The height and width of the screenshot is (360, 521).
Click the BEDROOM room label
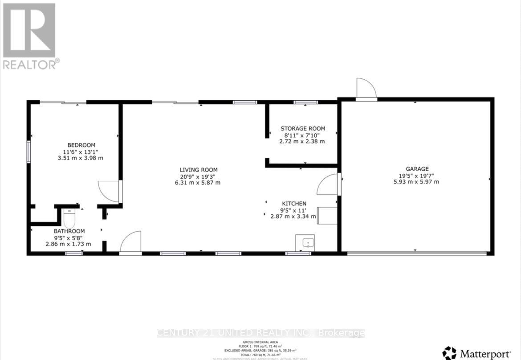(x=81, y=145)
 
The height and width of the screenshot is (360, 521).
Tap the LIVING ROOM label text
(x=199, y=170)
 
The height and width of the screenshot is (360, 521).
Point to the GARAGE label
(x=417, y=169)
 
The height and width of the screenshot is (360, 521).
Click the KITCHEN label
(x=293, y=204)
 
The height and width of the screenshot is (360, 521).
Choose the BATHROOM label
(x=69, y=231)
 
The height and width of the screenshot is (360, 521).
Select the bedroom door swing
(x=109, y=191)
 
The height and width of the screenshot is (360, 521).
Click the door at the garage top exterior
(x=366, y=89)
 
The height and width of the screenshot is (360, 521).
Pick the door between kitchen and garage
(x=328, y=185)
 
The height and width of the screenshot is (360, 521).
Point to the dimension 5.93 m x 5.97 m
(x=417, y=182)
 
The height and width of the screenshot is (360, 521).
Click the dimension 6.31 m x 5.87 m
(x=199, y=183)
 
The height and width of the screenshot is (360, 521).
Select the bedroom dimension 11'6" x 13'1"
(x=81, y=151)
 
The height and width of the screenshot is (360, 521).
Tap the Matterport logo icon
(x=449, y=353)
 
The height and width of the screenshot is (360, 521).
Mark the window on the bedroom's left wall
(x=28, y=151)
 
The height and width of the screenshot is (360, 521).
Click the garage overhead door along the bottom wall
(x=416, y=254)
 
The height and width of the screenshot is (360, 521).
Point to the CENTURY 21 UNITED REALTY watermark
(x=261, y=333)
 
